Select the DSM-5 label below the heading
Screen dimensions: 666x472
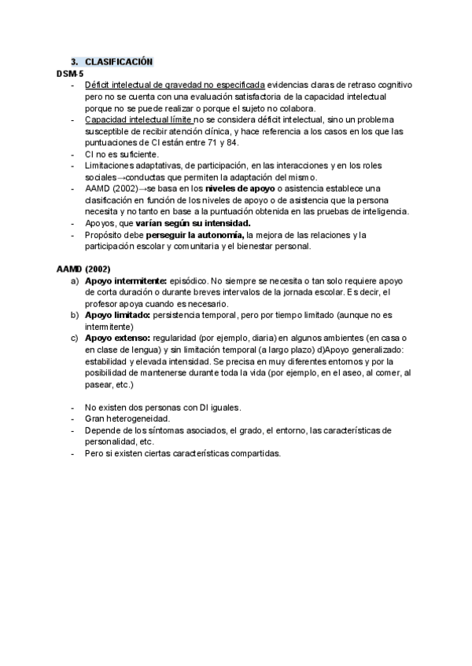tap(69, 73)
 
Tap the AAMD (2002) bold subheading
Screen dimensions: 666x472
tap(83, 269)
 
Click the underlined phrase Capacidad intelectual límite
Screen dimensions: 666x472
tap(138, 119)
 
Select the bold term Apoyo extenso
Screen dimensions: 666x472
tap(117, 338)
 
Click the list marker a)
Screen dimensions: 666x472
tap(75, 280)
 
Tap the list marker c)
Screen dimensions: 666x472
tap(75, 338)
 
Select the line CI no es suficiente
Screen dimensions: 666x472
tap(121, 154)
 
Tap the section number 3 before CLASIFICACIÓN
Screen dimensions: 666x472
tap(74, 62)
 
